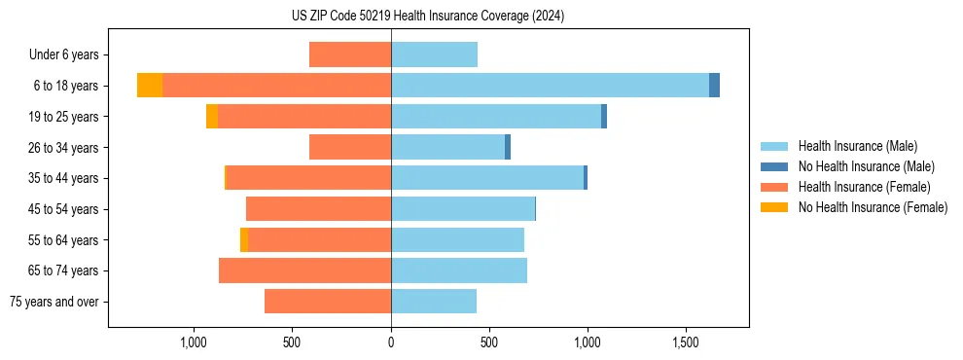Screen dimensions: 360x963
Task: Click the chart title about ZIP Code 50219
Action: [427, 16]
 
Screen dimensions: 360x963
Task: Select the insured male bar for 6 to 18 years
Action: [550, 86]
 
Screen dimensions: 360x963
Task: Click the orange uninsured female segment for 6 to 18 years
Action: [150, 86]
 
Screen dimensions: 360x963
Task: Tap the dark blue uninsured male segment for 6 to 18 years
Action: [714, 86]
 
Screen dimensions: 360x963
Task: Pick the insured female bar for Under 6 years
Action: [350, 54]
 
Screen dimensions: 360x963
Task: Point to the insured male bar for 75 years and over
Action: [434, 302]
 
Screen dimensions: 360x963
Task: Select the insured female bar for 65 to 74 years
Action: [304, 270]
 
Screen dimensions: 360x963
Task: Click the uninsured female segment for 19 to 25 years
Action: [212, 117]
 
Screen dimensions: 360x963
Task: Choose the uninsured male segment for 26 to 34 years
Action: [508, 147]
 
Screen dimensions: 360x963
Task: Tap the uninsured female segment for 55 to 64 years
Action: [244, 239]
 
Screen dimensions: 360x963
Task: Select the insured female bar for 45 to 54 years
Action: [318, 209]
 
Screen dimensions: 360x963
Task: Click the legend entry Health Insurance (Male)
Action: [857, 146]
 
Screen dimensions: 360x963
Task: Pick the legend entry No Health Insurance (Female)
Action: [873, 207]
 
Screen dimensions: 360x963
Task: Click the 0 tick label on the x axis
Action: [391, 342]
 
